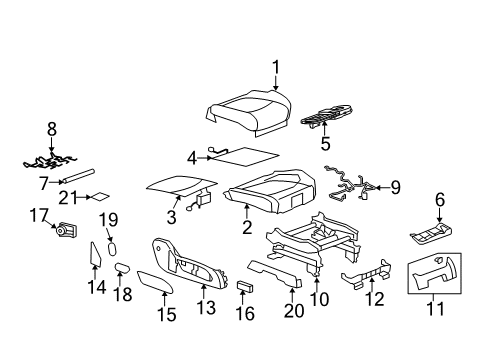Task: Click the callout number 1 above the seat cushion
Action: coord(274,67)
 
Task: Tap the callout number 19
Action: coord(108,219)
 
